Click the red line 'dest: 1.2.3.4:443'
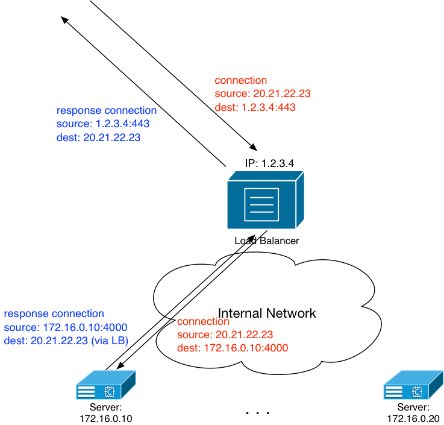[x=255, y=108]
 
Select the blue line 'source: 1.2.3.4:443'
[x=103, y=124]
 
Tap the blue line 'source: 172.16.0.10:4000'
[x=66, y=327]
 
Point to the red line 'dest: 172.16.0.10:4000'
[x=232, y=348]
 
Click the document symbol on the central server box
[x=261, y=204]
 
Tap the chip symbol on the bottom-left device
[x=110, y=392]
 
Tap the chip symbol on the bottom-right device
[x=417, y=392]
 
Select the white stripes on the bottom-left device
[x=86, y=392]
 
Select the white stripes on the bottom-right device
[x=394, y=392]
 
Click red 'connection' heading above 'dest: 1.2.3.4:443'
[x=241, y=81]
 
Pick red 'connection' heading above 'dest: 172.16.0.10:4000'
[x=203, y=322]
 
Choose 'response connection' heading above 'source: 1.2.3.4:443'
[x=107, y=111]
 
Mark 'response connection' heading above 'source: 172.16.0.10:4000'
[x=54, y=314]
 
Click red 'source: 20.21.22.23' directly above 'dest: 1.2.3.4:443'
[x=263, y=94]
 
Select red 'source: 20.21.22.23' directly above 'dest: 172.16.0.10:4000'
[x=225, y=335]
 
